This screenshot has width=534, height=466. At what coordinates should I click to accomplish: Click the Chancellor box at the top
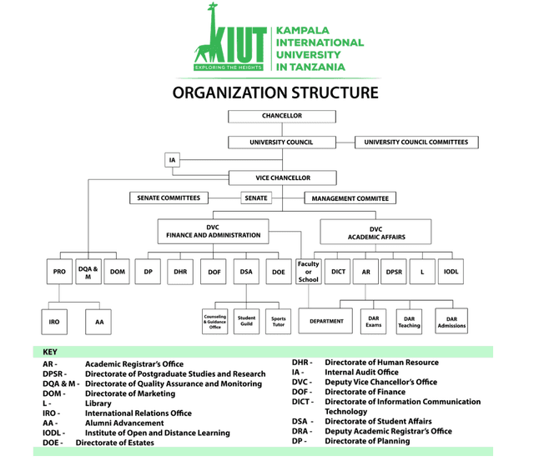(282, 117)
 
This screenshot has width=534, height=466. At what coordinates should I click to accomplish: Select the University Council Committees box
(416, 143)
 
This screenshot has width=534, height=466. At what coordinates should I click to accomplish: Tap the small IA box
(173, 160)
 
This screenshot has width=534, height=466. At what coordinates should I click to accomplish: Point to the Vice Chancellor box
(283, 178)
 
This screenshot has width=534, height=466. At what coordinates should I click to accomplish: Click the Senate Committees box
(169, 198)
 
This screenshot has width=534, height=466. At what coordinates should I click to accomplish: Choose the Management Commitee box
(350, 198)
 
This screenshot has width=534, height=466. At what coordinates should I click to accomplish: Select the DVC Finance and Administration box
(214, 231)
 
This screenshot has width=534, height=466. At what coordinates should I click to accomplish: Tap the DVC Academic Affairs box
(375, 232)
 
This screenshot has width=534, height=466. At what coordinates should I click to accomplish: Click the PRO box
(59, 272)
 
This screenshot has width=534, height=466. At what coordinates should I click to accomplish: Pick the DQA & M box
(88, 272)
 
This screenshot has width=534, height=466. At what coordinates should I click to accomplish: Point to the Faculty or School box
(309, 272)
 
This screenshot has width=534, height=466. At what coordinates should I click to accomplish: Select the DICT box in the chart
(337, 272)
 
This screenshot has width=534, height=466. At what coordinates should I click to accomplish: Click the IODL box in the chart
(451, 272)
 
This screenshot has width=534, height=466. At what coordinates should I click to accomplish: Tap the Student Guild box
(246, 322)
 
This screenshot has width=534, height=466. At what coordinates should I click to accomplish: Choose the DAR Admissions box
(451, 321)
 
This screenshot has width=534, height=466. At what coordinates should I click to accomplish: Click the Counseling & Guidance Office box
(215, 322)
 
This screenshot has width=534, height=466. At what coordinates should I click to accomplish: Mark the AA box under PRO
(98, 322)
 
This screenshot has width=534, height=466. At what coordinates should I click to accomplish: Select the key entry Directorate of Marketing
(130, 393)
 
